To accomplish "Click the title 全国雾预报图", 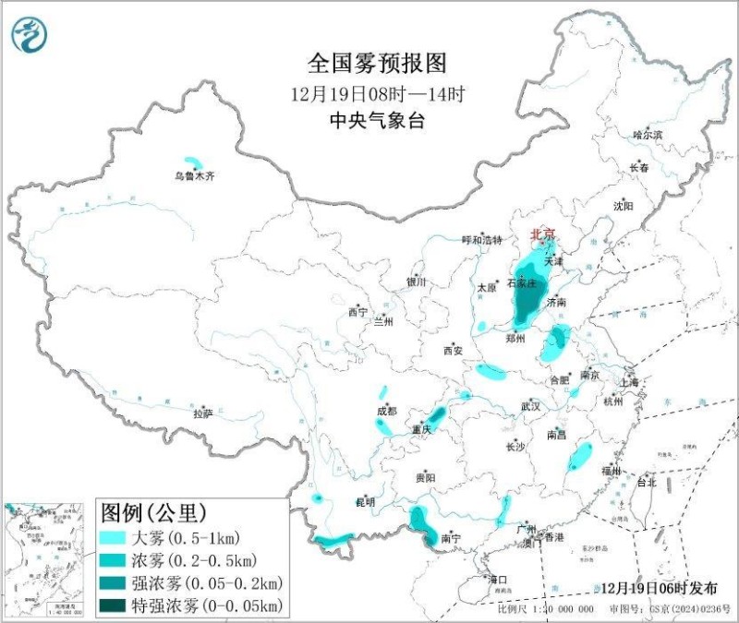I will [377, 63].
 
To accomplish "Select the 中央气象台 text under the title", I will [377, 121].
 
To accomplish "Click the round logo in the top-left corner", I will [29, 34].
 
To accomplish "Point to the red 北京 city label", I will [542, 235].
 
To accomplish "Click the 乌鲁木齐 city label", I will [195, 175].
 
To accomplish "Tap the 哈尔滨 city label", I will [648, 135].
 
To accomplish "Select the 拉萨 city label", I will [203, 414].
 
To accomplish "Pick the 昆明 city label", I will [366, 502].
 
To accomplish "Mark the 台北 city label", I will [646, 482].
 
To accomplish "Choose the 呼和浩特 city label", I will [481, 240].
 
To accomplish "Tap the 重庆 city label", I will [422, 430].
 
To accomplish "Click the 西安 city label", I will [452, 351].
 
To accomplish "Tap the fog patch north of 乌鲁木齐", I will [193, 161].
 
